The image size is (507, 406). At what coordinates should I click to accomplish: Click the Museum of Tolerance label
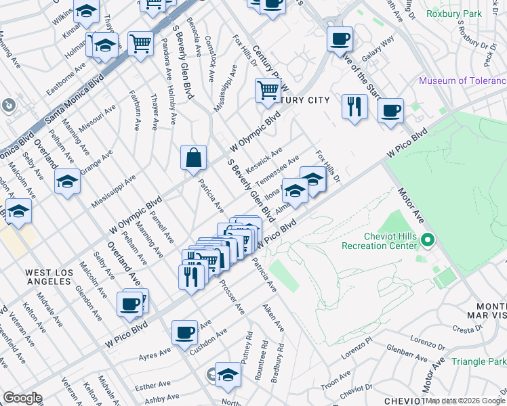(x=462, y=81)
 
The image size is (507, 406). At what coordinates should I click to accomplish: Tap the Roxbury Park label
(x=453, y=13)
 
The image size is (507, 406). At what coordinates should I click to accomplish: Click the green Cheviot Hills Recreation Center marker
(x=427, y=240)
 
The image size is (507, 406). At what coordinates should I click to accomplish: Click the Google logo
(x=22, y=398)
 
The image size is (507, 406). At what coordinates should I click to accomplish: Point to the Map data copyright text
(x=465, y=401)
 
